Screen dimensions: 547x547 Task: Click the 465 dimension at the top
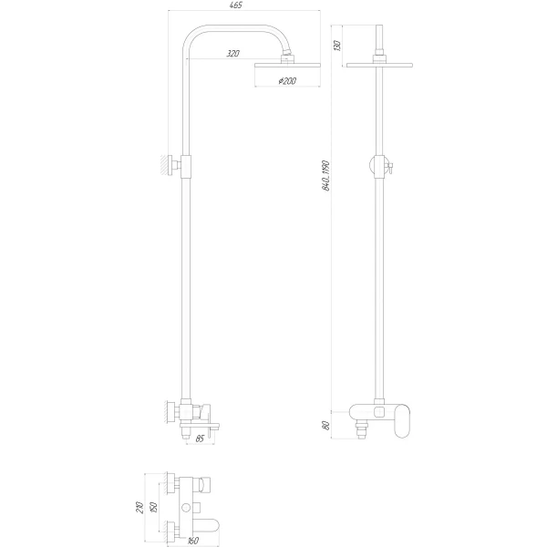pos(235,6)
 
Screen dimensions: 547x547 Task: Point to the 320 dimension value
pos(232,56)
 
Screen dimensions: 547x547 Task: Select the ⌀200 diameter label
pos(288,82)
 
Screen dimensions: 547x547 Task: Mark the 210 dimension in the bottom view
pos(138,507)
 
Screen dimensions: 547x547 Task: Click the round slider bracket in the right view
pos(377,165)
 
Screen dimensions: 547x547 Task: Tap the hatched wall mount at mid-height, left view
pos(168,166)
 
